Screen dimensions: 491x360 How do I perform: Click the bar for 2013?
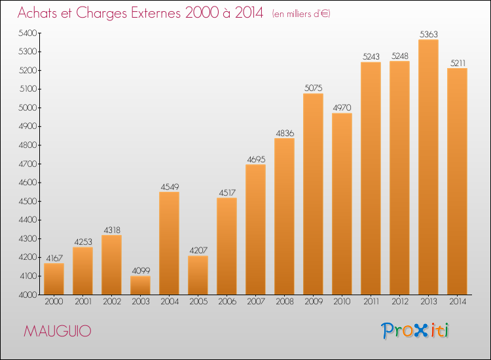[x=428, y=167]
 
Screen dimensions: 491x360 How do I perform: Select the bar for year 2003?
[x=140, y=285]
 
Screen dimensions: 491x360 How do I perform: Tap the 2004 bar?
[x=169, y=243]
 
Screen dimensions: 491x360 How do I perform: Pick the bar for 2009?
[x=313, y=194]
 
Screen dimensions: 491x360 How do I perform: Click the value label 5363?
[x=428, y=34]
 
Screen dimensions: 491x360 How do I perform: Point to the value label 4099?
[x=141, y=270]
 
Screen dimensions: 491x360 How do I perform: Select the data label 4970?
[x=342, y=108]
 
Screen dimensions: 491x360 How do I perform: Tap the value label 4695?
[x=256, y=159]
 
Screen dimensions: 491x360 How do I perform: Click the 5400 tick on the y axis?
[x=27, y=33]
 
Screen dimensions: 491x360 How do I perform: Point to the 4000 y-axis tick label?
[x=27, y=295]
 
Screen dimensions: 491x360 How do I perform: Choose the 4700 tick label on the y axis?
[x=27, y=164]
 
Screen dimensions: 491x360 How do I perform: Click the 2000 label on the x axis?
[x=54, y=302]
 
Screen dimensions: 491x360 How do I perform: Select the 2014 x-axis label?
[x=458, y=302]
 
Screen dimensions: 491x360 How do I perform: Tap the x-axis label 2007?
[x=256, y=302]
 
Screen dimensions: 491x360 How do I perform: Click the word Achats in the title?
[x=37, y=12]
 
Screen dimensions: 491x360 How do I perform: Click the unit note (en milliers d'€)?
[x=301, y=14]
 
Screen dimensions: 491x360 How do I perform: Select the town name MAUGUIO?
[x=58, y=331]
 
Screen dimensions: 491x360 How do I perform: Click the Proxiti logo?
[x=415, y=331]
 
